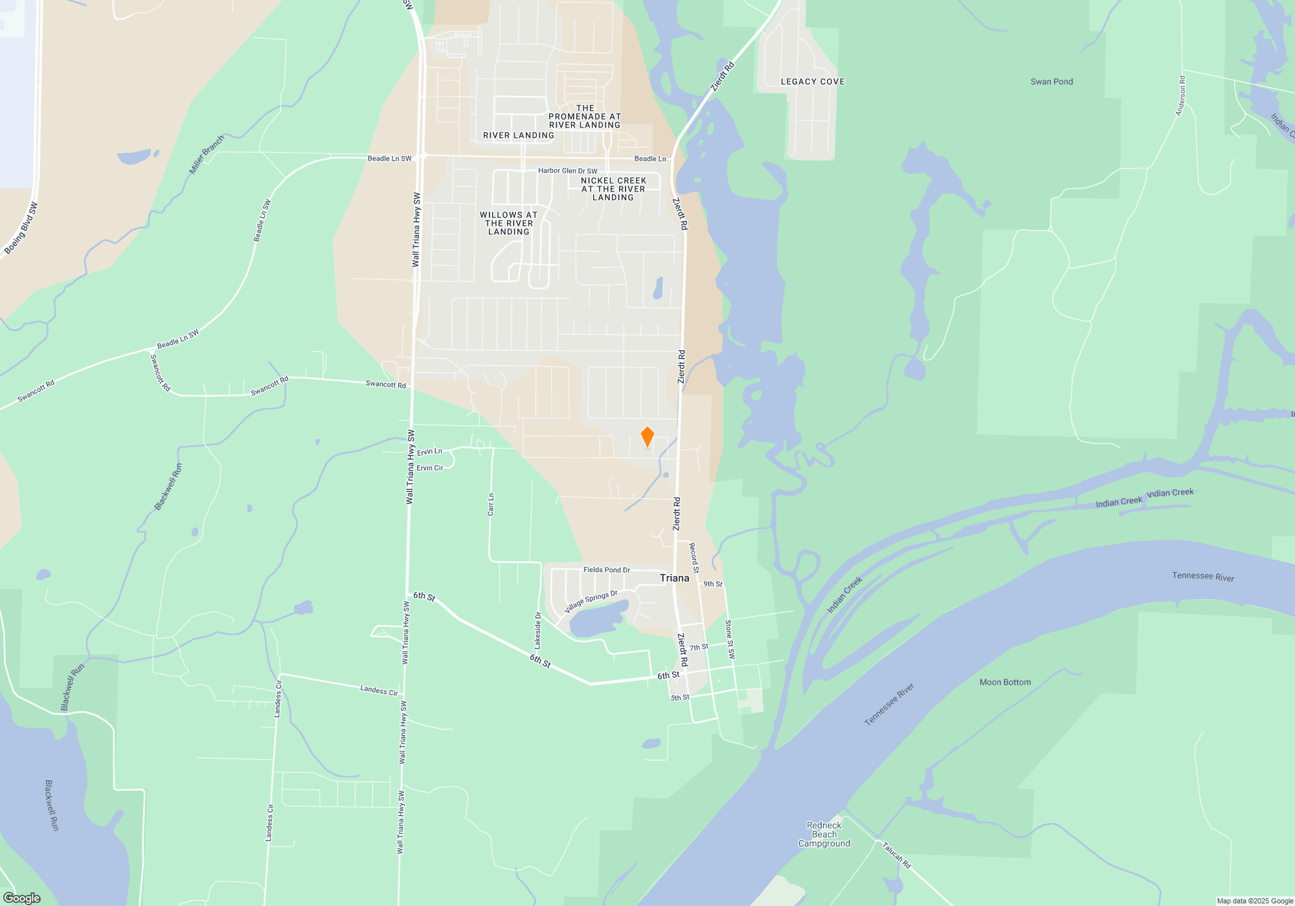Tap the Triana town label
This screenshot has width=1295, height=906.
(x=674, y=578)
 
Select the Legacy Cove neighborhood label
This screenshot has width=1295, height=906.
(x=813, y=82)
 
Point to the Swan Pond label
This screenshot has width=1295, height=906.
(x=1052, y=82)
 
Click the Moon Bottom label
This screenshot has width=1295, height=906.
(x=1005, y=682)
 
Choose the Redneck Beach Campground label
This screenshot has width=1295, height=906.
(x=824, y=834)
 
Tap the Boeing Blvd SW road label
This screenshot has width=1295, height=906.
(x=21, y=228)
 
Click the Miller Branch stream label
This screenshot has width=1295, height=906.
(x=207, y=155)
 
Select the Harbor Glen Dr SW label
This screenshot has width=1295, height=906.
(x=568, y=171)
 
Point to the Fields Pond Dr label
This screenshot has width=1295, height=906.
(x=607, y=570)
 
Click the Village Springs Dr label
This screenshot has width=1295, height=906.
(x=591, y=602)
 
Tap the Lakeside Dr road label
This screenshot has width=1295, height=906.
(x=537, y=631)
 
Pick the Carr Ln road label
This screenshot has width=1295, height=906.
(x=491, y=505)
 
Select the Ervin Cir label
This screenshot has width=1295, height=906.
(x=429, y=468)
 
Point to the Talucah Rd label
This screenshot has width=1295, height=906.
(x=896, y=855)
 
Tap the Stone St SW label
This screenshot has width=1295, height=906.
(x=730, y=639)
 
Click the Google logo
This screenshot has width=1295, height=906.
(x=22, y=898)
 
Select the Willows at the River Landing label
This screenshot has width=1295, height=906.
(x=509, y=223)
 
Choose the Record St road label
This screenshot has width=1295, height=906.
(x=693, y=558)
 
